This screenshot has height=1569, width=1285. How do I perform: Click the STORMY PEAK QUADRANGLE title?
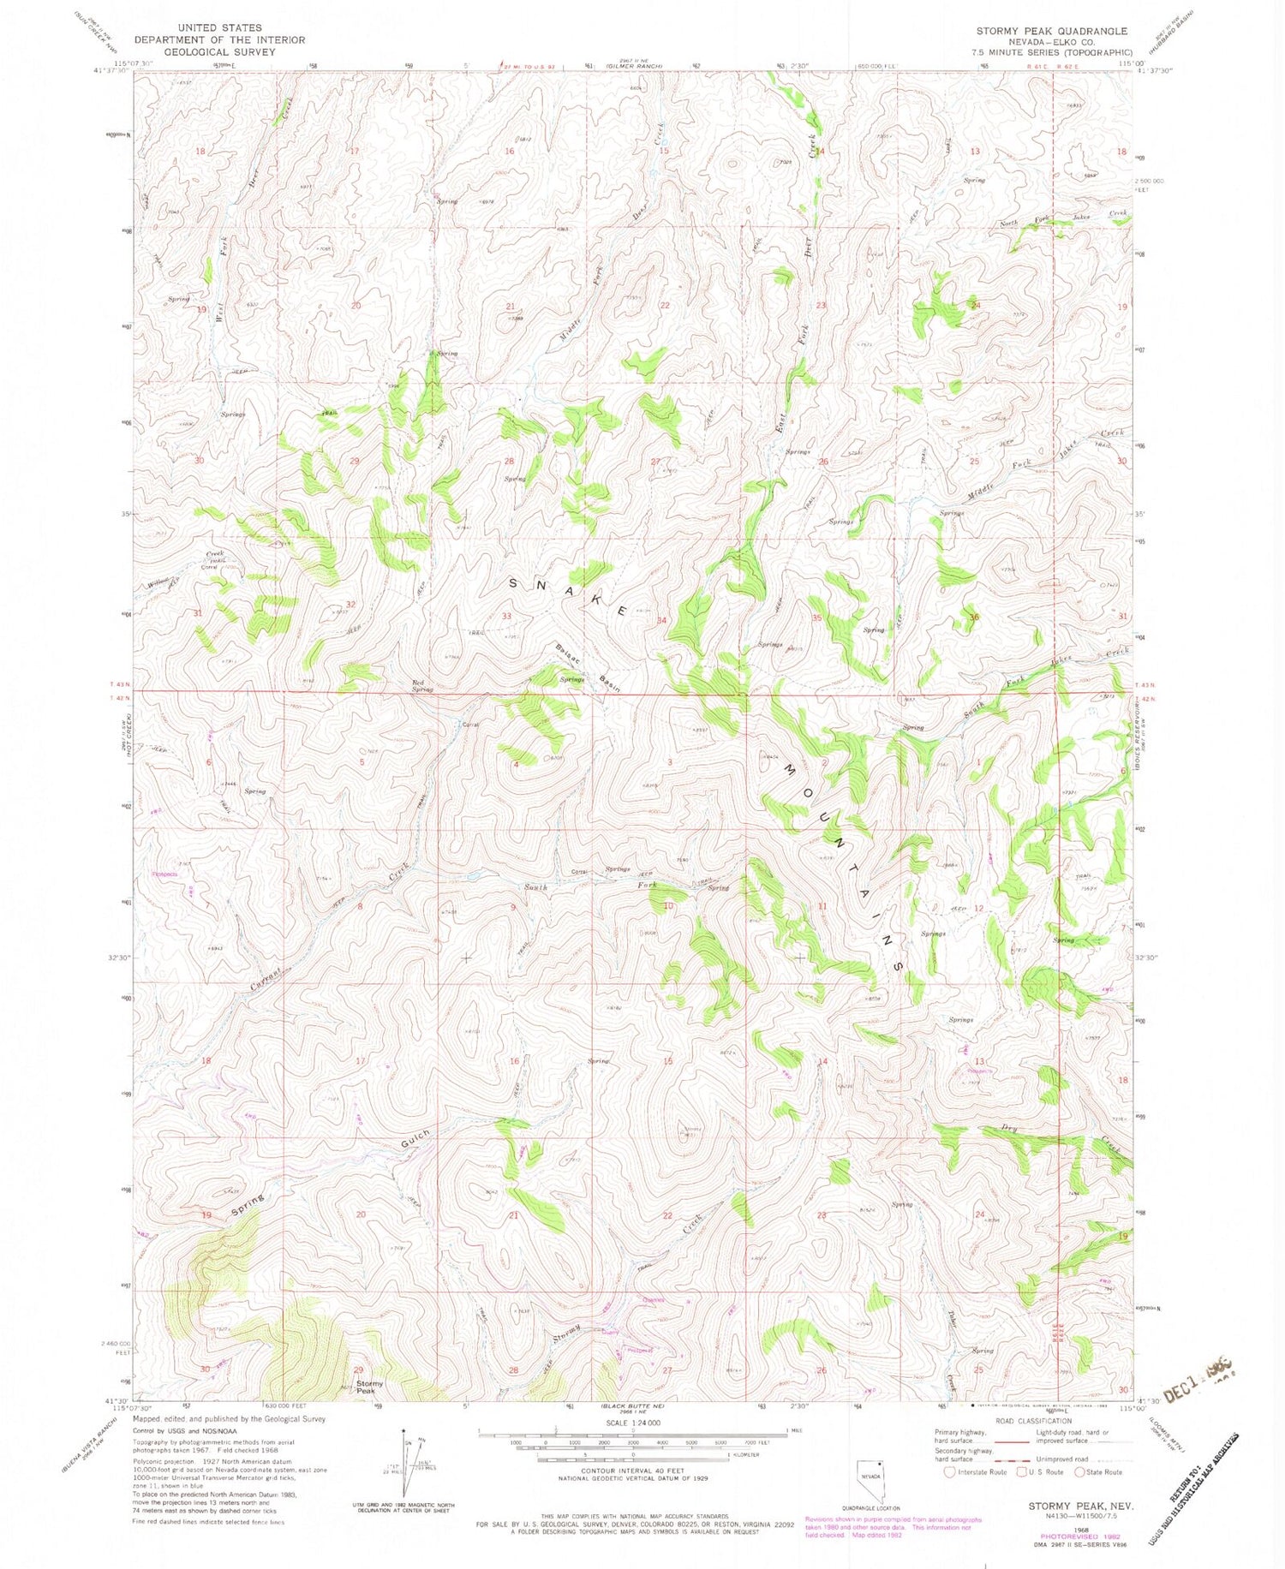[x=1052, y=31]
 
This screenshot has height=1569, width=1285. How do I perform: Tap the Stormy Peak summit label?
[x=370, y=1387]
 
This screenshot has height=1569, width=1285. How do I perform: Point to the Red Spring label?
[x=422, y=685]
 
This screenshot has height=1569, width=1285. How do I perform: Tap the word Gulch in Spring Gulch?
[x=415, y=1140]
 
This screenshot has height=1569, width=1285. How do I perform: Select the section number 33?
[x=506, y=616]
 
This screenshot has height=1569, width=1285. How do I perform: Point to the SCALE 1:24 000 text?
[x=634, y=1423]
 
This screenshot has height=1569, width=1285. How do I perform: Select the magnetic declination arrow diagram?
[x=408, y=1461]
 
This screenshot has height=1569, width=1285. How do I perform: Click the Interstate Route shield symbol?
[x=948, y=1472]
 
